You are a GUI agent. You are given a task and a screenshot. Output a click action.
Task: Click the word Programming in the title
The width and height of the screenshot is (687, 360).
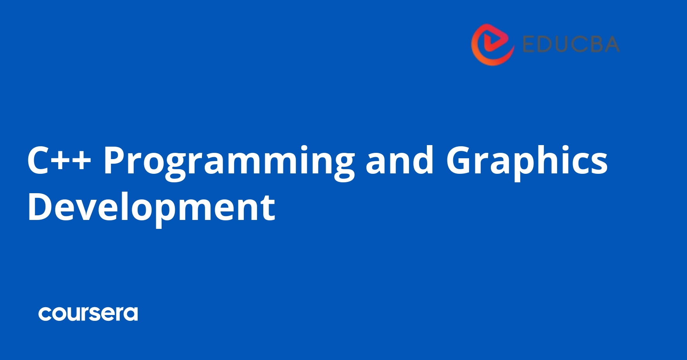(x=229, y=161)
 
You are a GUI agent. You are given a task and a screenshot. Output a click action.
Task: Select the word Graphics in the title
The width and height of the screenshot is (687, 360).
(x=526, y=161)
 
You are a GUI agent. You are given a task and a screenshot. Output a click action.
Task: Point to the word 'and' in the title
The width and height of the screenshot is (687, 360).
(x=399, y=161)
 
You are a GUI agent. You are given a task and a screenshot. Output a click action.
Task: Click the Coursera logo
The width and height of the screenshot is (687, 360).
(x=88, y=314)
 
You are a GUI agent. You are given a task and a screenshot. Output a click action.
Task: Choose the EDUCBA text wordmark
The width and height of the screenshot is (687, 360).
(x=571, y=44)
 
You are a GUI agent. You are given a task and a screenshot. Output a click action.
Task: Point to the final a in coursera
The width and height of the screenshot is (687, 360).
(x=130, y=314)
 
